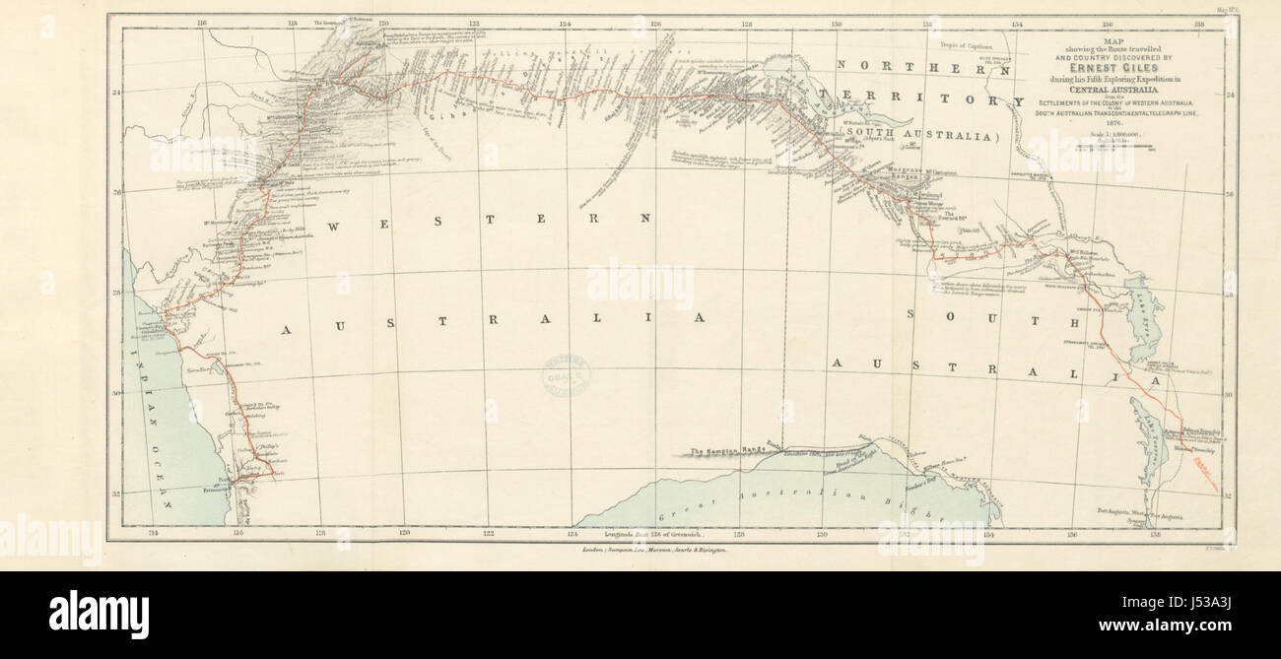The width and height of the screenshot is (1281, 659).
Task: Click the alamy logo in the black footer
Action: pyautogui.click(x=99, y=615)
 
